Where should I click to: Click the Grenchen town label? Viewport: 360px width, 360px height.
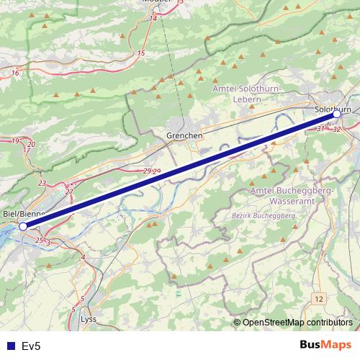(184, 135)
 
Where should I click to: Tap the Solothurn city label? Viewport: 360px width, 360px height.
(333, 109)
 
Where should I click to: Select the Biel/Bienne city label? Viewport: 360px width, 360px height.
(24, 214)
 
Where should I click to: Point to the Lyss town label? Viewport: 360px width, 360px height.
(89, 318)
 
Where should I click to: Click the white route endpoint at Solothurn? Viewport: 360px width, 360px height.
(336, 114)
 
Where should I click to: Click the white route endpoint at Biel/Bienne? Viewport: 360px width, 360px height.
(23, 226)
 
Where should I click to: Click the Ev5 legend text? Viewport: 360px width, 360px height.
(32, 346)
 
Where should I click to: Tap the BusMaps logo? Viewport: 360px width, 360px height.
(325, 346)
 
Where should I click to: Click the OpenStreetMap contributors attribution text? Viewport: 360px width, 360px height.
(297, 322)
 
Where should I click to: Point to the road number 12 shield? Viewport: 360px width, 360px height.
(319, 297)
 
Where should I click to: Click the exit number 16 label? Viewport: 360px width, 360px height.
(15, 73)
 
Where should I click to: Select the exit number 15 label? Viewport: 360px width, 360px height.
(141, 53)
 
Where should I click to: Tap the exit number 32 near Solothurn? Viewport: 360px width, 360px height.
(337, 130)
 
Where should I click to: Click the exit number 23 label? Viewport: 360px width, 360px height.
(42, 184)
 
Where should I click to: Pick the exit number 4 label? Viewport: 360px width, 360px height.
(83, 257)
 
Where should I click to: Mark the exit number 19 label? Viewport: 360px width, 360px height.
(16, 140)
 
